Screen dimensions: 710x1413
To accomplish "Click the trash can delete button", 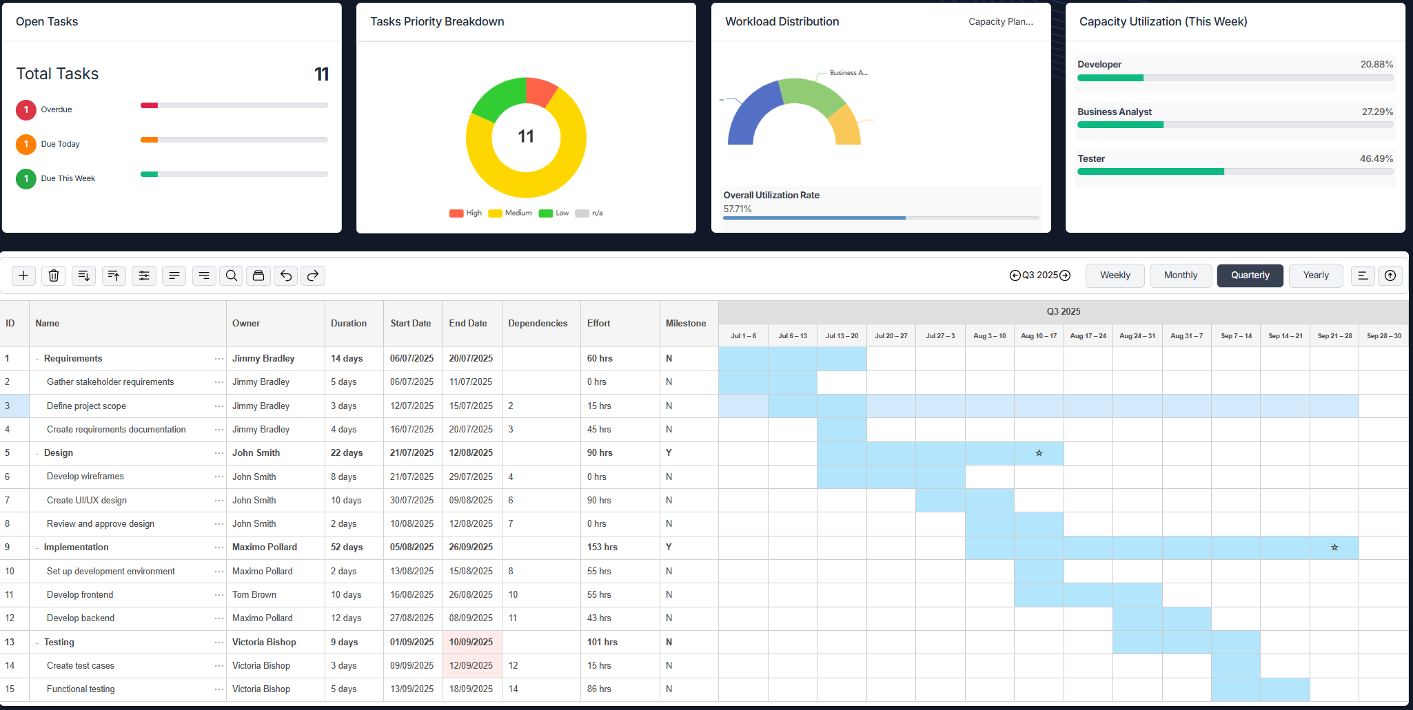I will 54,275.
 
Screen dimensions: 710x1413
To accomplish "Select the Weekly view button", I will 1115,275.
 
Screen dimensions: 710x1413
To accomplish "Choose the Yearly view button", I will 1315,275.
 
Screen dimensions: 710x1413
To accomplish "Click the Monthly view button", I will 1180,275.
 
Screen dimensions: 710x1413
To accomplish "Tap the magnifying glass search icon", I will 232,275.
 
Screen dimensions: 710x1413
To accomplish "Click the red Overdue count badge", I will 26,109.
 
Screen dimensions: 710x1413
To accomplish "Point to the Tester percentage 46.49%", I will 1376,158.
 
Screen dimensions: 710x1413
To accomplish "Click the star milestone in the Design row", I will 1039,453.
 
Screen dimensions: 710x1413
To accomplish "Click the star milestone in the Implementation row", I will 1334,547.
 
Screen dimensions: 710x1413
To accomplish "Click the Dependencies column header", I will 538,324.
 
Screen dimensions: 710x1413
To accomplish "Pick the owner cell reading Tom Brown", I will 254,595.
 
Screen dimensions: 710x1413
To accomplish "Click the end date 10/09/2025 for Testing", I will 471,643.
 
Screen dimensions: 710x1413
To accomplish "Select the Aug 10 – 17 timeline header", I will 1039,336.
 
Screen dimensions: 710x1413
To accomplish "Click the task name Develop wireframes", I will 85,477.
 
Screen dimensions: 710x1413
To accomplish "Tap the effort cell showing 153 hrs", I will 602,547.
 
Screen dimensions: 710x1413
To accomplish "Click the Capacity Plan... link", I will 1000,22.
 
